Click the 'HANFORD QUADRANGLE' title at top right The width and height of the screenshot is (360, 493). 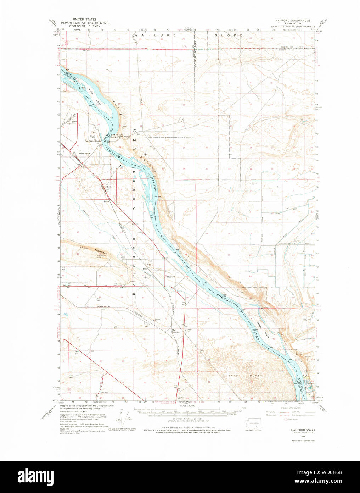(293, 21)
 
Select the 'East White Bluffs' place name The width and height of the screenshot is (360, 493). (92, 141)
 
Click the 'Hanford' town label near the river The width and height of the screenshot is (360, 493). (171, 277)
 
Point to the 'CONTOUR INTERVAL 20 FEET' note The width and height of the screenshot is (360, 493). (188, 419)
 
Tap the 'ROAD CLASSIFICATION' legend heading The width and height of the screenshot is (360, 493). (290, 408)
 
